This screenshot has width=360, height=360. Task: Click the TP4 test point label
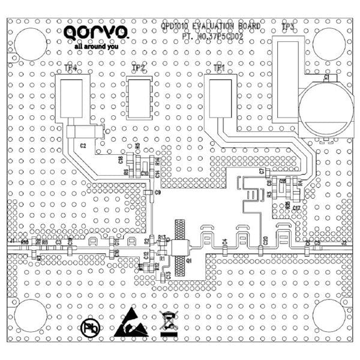tap(71, 69)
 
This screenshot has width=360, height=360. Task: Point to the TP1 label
tap(220, 69)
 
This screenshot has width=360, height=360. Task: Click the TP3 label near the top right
tap(288, 27)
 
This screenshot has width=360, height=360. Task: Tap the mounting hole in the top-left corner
tap(31, 44)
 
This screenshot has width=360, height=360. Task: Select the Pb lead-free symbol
tap(90, 328)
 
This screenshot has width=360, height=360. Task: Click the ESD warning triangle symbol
tap(130, 323)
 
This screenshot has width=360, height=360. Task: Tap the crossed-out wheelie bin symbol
tap(169, 322)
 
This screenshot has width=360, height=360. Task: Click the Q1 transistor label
tap(188, 262)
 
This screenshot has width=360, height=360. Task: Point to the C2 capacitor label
tap(83, 146)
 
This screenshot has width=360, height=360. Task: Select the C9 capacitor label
tap(158, 193)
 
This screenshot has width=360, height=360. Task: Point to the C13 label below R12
tap(168, 274)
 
